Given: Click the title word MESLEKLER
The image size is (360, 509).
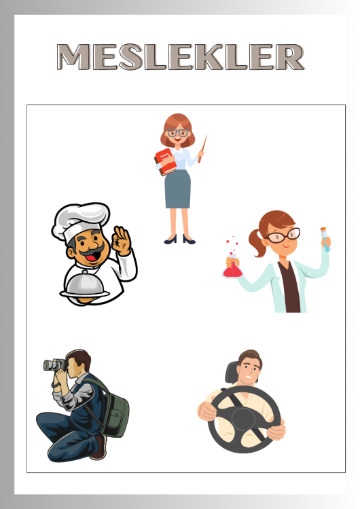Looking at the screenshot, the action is tap(181, 57).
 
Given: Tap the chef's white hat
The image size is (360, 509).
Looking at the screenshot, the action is tap(82, 220).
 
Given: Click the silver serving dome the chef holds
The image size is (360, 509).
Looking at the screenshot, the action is tap(84, 284).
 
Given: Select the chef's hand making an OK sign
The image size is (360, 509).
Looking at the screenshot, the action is tap(121, 240).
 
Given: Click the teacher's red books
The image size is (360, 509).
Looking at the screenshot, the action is tap(165, 162).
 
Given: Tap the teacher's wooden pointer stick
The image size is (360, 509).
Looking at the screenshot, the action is tap(202, 149).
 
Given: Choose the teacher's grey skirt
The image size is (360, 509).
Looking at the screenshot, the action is tap(177, 189).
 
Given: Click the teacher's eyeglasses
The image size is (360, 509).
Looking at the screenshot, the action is tap(178, 133).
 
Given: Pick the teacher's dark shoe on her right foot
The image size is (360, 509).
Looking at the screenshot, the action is tap(170, 240).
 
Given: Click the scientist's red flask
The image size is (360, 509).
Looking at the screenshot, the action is tap(232, 267).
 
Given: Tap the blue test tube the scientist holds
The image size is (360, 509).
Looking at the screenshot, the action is tap(325, 240).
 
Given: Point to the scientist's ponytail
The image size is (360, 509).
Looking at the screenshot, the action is tap(257, 242).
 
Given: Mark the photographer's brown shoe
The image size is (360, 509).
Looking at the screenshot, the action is tap(99, 447).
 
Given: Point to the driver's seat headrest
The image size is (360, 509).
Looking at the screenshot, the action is tap(232, 373).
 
